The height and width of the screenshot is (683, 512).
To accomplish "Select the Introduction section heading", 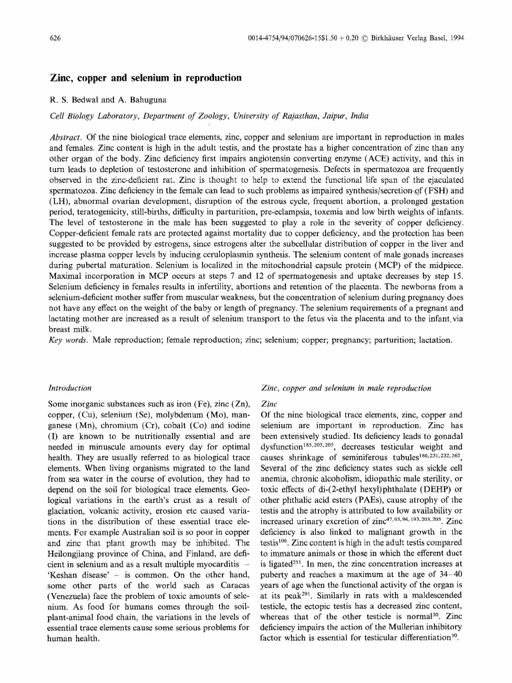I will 71,388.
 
